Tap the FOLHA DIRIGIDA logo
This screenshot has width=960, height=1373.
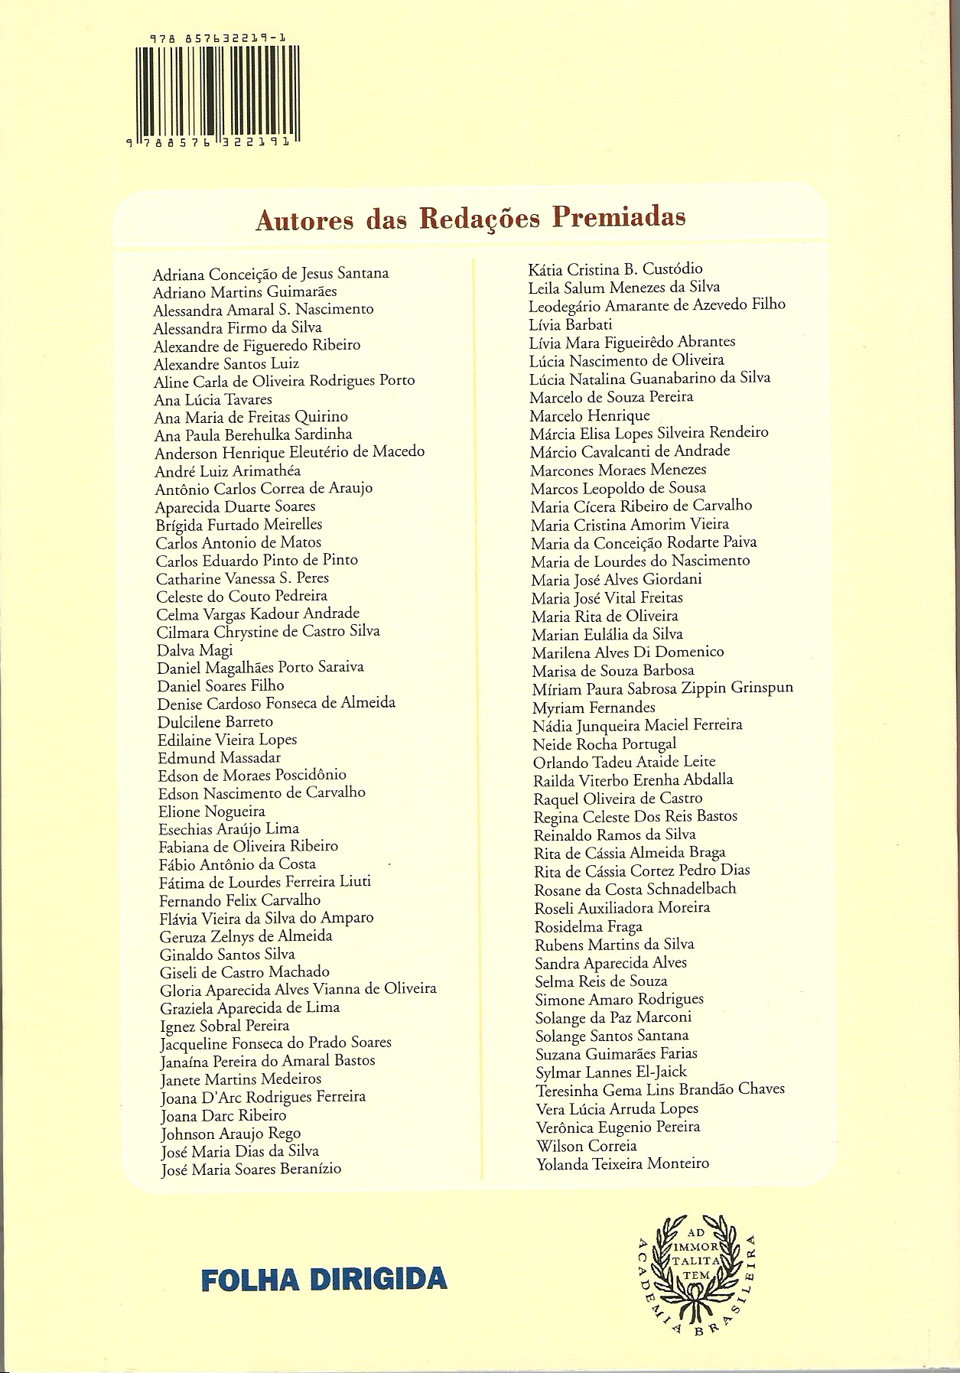coord(324,1278)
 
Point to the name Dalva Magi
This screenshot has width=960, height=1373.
coord(194,649)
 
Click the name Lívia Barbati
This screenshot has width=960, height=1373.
coord(570,324)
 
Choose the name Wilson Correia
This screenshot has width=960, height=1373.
coord(587,1146)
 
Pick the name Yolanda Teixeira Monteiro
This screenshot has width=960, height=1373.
coord(623,1163)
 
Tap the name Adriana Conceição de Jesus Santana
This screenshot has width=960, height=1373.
coord(271,273)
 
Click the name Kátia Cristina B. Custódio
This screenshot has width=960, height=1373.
coord(615,268)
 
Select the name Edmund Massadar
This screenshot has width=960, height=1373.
coord(220,758)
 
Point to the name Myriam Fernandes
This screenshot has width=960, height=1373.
coord(594,708)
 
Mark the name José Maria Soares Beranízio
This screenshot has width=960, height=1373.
coord(251,1169)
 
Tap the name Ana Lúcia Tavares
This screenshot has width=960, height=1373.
coord(213,399)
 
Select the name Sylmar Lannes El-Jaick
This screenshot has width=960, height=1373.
coord(611,1072)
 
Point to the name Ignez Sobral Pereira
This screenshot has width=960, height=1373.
coord(225,1026)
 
